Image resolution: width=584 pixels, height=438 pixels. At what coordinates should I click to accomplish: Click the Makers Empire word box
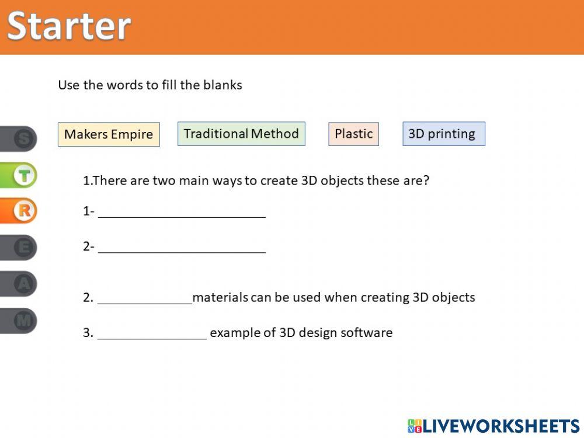(109, 134)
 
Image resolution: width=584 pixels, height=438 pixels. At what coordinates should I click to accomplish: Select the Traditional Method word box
(241, 134)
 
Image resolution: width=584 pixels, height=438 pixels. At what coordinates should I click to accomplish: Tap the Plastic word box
(353, 134)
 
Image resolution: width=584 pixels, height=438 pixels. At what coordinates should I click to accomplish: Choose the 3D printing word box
(443, 134)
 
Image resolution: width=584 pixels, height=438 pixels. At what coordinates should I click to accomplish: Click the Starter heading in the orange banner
(69, 26)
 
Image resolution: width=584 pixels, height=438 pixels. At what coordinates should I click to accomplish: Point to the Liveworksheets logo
(493, 426)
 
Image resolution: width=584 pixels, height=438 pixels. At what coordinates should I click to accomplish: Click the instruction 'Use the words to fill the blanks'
(150, 85)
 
